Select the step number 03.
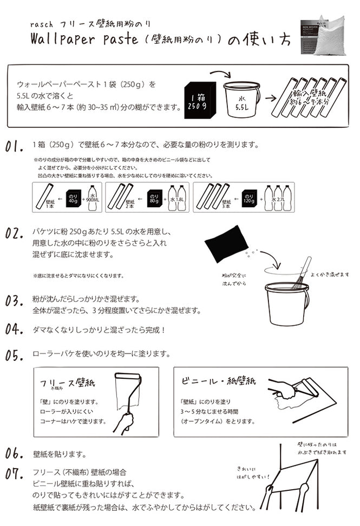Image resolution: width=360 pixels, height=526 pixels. click(x=15, y=301)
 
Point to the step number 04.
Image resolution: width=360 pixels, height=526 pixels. click(x=15, y=329)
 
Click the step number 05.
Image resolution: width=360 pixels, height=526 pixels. click(x=15, y=356)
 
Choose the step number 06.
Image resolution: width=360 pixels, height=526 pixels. click(x=15, y=453)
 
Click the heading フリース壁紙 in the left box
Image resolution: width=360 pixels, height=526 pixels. click(x=68, y=383)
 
